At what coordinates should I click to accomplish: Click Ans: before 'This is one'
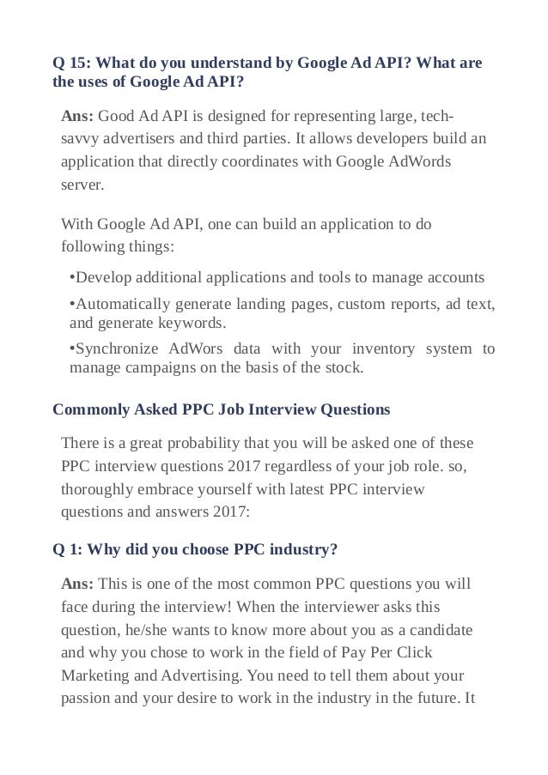click(78, 584)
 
